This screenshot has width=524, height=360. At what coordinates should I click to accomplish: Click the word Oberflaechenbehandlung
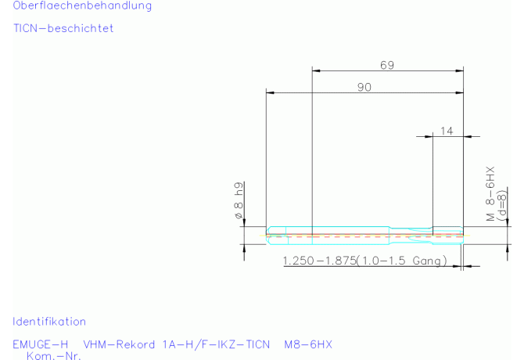pos(82,6)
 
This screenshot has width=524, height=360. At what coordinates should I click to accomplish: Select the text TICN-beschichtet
pos(63,28)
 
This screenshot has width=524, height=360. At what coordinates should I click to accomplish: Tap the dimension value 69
pos(387,65)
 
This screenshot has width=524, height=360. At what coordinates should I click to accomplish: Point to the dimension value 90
pos(364,87)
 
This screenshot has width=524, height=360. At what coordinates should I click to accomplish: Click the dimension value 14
pos(447,131)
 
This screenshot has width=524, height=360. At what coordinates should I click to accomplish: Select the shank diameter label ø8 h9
pos(239,200)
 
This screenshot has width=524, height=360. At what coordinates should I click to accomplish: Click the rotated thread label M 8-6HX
pos(490,194)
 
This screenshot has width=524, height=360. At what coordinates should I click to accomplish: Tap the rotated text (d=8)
pos(501,205)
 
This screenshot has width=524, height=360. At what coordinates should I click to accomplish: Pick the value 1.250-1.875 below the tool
pos(319,261)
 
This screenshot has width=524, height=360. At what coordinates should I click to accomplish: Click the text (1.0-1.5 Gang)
pos(402,261)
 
